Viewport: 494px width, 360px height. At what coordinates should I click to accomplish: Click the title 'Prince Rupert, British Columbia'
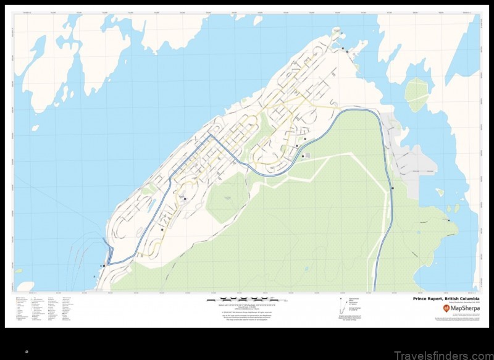click(x=444, y=298)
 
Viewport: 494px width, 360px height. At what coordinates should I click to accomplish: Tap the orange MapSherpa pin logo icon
click(x=446, y=308)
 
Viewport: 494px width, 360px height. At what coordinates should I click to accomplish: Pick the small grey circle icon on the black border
click(x=27, y=351)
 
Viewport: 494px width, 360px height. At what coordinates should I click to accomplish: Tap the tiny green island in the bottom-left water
click(x=19, y=270)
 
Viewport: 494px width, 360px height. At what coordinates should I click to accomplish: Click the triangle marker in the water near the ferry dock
click(x=94, y=277)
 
